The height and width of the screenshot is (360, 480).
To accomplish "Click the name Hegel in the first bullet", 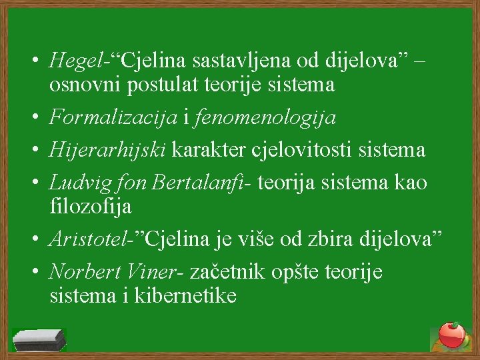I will point(73,62).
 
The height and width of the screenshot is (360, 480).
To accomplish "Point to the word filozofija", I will point(90,207).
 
